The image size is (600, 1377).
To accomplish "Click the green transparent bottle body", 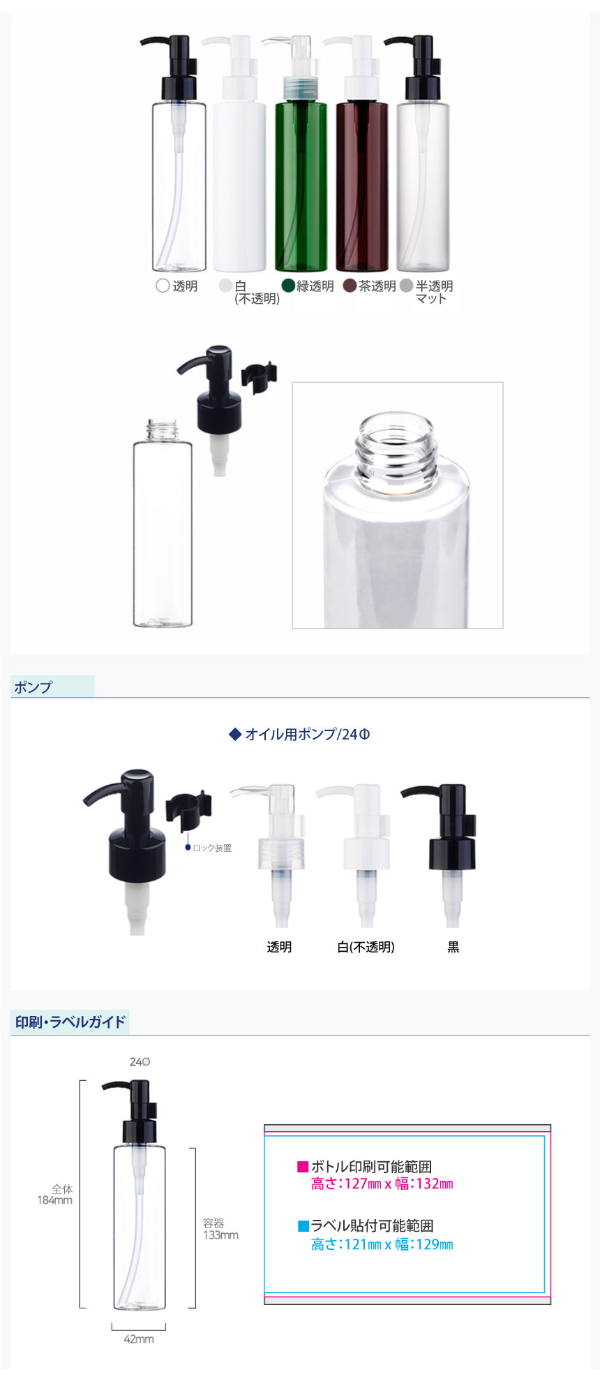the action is click(x=301, y=186).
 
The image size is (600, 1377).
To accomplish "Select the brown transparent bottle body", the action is click(x=362, y=186).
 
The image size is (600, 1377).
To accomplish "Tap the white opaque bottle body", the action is click(x=239, y=186).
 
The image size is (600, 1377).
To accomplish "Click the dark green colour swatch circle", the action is click(x=288, y=286).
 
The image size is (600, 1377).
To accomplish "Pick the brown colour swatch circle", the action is click(x=350, y=286).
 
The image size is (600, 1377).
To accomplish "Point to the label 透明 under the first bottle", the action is click(x=186, y=286).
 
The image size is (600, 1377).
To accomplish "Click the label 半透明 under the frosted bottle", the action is click(x=434, y=286).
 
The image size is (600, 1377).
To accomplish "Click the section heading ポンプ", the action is click(x=33, y=687).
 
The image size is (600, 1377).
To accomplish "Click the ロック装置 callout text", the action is click(x=212, y=848).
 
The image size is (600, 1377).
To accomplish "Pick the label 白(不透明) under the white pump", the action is click(x=366, y=947).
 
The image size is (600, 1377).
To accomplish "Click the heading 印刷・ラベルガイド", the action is click(x=70, y=1022).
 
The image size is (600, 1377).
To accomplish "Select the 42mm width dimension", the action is click(x=139, y=1339).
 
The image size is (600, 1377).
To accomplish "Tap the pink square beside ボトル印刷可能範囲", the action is click(x=303, y=1166).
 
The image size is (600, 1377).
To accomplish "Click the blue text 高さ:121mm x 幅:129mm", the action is click(x=382, y=1244).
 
